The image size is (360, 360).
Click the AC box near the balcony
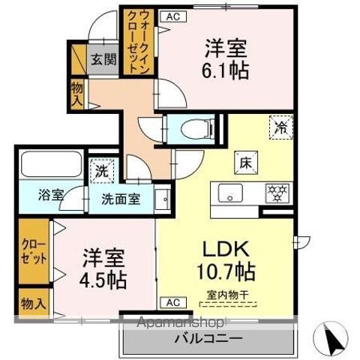coord(172,302)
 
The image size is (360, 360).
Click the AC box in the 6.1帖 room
coord(172,15)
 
